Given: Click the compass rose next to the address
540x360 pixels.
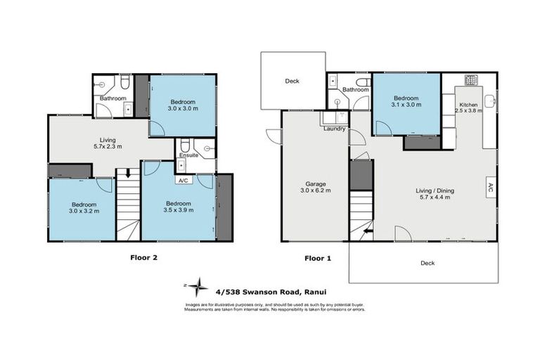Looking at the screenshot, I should [x=200, y=285].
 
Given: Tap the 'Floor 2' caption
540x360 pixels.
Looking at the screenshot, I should [x=143, y=257].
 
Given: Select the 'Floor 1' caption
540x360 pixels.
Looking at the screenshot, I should [x=317, y=258].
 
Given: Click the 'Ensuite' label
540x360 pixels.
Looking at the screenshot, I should [x=187, y=155].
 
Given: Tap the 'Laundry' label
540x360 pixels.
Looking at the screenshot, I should [x=333, y=129].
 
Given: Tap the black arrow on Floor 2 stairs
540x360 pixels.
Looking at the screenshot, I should [x=127, y=173].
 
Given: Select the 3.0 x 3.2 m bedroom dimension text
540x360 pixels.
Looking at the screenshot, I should [x=83, y=210].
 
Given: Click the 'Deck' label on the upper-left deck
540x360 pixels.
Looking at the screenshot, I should [x=292, y=81].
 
